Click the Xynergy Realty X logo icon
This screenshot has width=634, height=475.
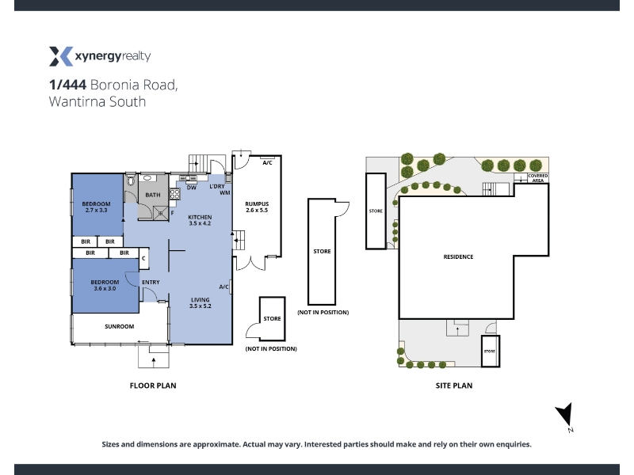(x=61, y=56)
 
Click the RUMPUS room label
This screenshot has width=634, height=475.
(x=257, y=204)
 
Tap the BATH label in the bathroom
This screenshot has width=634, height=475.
(x=153, y=195)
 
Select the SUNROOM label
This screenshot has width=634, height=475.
(x=120, y=326)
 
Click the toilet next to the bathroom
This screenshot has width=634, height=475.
(x=131, y=180)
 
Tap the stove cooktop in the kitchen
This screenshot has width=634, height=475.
(x=174, y=194)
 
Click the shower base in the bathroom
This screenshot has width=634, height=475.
(x=161, y=213)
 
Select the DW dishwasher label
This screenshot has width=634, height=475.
(x=192, y=188)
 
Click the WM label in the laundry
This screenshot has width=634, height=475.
(x=225, y=192)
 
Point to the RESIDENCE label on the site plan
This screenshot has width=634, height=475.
(x=458, y=256)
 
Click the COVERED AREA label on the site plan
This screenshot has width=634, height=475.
(x=538, y=178)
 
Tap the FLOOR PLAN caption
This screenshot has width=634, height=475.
(x=153, y=386)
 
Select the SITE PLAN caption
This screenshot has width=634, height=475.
(x=454, y=386)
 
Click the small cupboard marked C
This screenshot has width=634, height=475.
(x=144, y=258)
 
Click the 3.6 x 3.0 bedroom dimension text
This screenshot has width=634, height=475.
(x=105, y=288)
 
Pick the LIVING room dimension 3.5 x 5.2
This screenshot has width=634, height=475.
(x=201, y=306)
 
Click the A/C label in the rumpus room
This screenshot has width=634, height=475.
(x=267, y=163)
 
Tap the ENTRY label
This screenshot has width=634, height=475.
(x=151, y=283)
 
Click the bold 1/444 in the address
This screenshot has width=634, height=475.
(x=67, y=85)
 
